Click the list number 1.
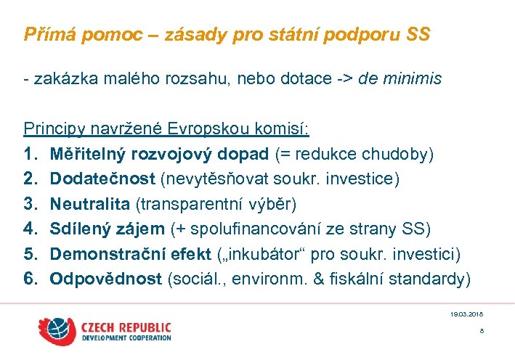coord(30,154)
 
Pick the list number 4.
coord(30,229)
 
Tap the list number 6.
coord(30,279)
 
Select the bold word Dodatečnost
coord(103,179)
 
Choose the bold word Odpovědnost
coord(106,279)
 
